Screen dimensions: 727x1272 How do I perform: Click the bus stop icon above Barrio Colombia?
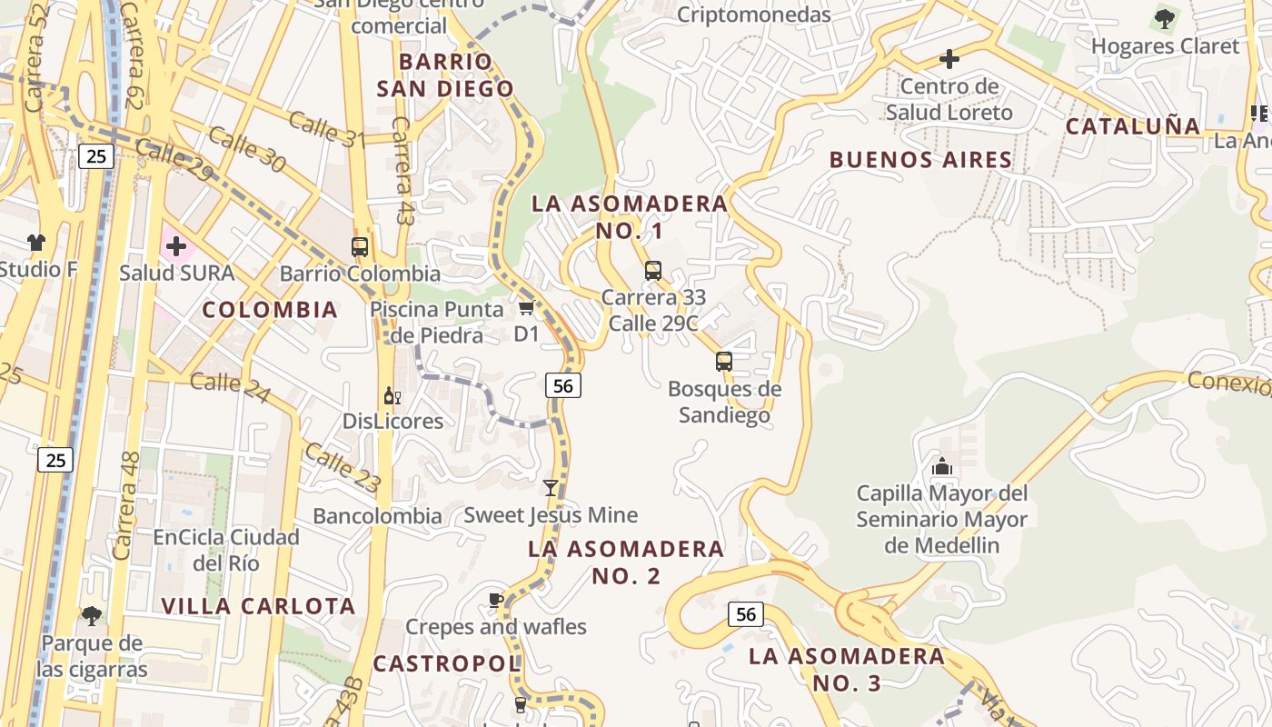click(360, 246)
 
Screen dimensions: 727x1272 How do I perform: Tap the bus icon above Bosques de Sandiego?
click(724, 362)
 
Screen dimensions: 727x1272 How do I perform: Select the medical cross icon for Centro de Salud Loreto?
click(949, 60)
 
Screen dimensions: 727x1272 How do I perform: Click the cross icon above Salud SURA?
click(175, 246)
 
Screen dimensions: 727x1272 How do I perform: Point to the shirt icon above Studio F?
click(36, 243)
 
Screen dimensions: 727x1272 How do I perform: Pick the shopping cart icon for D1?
click(526, 307)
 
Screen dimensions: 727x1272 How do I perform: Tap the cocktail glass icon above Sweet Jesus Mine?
click(551, 488)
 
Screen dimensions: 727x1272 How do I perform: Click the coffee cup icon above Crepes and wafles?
click(495, 600)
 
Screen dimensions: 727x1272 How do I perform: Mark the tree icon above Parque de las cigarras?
click(92, 616)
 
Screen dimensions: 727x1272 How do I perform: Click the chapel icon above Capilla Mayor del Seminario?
click(942, 467)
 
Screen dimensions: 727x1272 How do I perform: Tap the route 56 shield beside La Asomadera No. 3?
click(745, 615)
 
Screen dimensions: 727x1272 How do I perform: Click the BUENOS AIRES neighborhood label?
click(920, 160)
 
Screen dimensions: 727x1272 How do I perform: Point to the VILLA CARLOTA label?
click(258, 606)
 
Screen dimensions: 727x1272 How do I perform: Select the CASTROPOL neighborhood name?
click(447, 663)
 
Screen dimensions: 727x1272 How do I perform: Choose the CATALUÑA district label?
click(1133, 126)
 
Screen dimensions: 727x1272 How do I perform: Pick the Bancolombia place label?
click(377, 516)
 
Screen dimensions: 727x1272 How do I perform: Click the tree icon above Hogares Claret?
click(1164, 18)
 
